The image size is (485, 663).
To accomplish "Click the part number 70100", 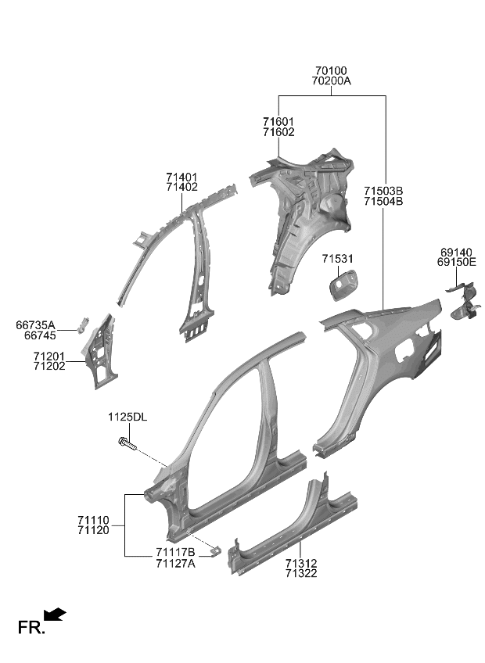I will coord(331,70).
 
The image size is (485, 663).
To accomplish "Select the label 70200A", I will coord(331,81).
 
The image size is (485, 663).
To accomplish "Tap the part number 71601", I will coord(278,122).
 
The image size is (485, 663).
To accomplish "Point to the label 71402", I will coord(181,188).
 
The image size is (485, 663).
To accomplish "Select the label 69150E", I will coord(458,263).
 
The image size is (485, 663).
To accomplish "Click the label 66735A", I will coord(36,324).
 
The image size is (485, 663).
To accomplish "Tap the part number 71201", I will coord(49,356).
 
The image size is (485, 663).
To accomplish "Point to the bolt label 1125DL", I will coord(128,418).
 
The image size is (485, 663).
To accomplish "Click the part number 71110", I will coord(93,520).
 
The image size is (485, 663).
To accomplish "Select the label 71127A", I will coord(175,563).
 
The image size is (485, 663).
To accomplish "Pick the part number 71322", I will coord(301,573).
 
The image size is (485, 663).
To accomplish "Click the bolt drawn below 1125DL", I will coord(127,444).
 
